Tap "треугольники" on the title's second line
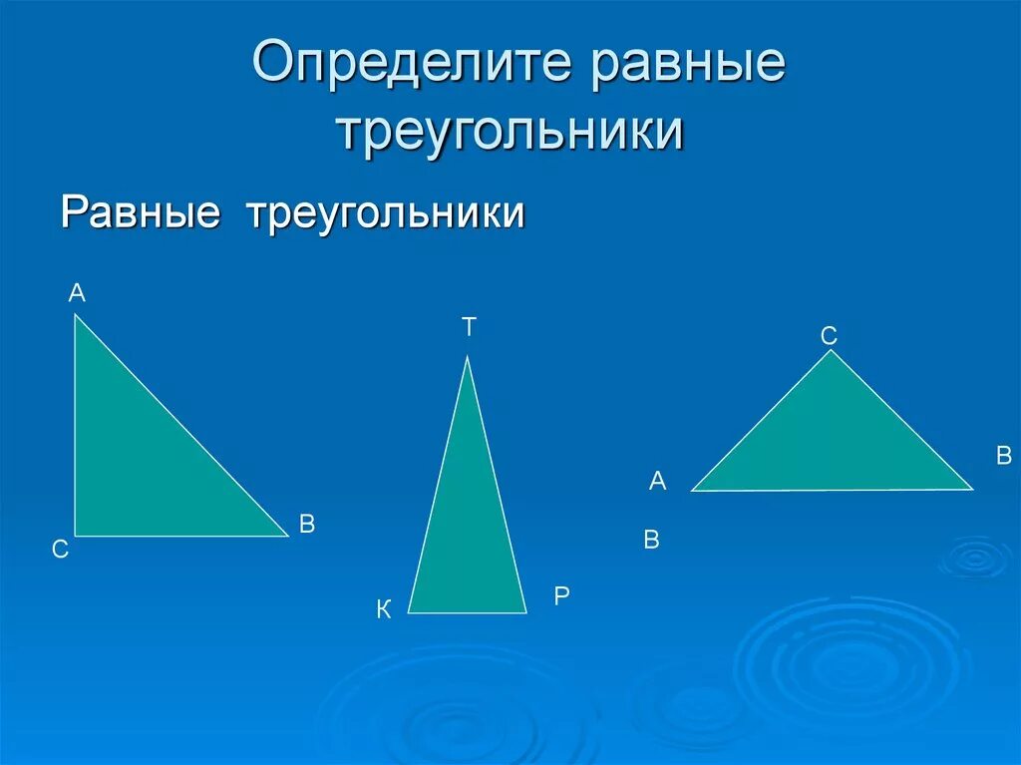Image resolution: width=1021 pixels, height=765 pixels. click(510, 132)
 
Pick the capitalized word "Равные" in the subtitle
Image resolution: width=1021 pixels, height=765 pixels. click(140, 212)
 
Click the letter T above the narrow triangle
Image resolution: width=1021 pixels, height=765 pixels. click(469, 327)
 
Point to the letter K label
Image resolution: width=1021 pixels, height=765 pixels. click(384, 610)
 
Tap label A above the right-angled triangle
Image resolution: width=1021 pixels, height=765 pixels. click(77, 293)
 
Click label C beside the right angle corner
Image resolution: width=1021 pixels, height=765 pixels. click(61, 550)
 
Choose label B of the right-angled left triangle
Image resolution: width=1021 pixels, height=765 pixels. click(307, 525)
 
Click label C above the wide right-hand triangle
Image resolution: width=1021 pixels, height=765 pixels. click(829, 337)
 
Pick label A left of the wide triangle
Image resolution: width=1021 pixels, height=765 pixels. click(657, 482)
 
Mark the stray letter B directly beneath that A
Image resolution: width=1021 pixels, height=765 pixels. click(652, 541)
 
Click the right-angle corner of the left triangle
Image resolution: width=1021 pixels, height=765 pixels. click(75, 537)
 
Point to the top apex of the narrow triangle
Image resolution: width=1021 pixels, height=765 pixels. click(467, 356)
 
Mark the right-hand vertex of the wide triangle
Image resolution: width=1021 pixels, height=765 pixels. click(972, 489)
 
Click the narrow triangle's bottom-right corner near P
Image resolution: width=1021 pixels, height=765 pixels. click(525, 612)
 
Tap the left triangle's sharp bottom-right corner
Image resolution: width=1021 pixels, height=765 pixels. click(288, 536)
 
